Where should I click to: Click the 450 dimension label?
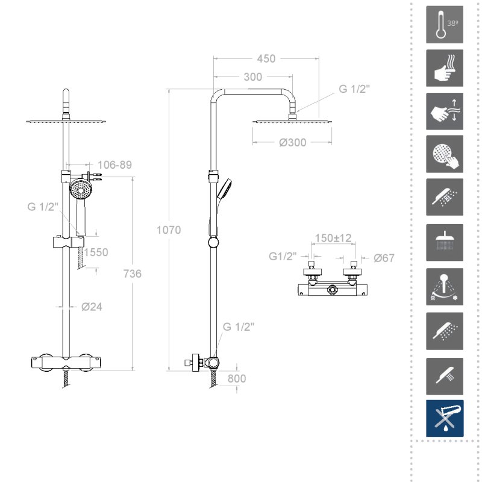click(x=266, y=58)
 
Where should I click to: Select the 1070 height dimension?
click(x=169, y=230)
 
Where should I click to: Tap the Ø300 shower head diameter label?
click(x=293, y=143)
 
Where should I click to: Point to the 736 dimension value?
click(x=133, y=274)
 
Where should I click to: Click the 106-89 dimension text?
click(x=115, y=164)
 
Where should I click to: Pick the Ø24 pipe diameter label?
click(x=92, y=307)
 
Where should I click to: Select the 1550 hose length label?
click(x=96, y=252)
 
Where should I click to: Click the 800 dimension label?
click(x=237, y=379)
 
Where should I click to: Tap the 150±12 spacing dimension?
click(x=333, y=238)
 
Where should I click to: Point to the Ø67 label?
click(x=384, y=258)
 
